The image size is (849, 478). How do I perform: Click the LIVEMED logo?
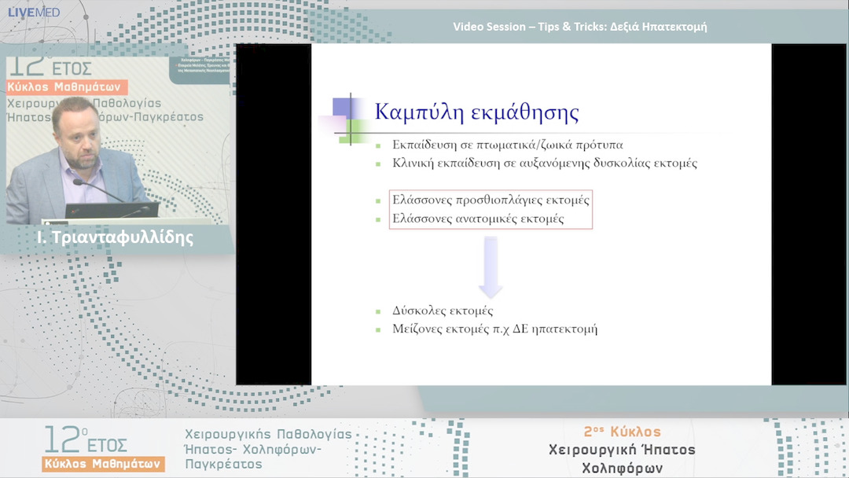point(33,12)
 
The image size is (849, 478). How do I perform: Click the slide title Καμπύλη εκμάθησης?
point(476,112)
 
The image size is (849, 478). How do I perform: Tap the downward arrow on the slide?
point(491,267)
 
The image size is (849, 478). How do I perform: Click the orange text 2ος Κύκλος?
point(622,432)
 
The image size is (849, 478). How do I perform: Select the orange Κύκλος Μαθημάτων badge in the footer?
point(104,464)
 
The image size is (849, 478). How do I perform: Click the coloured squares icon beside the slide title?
point(344,119)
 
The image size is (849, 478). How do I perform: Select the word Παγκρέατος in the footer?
point(223,464)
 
